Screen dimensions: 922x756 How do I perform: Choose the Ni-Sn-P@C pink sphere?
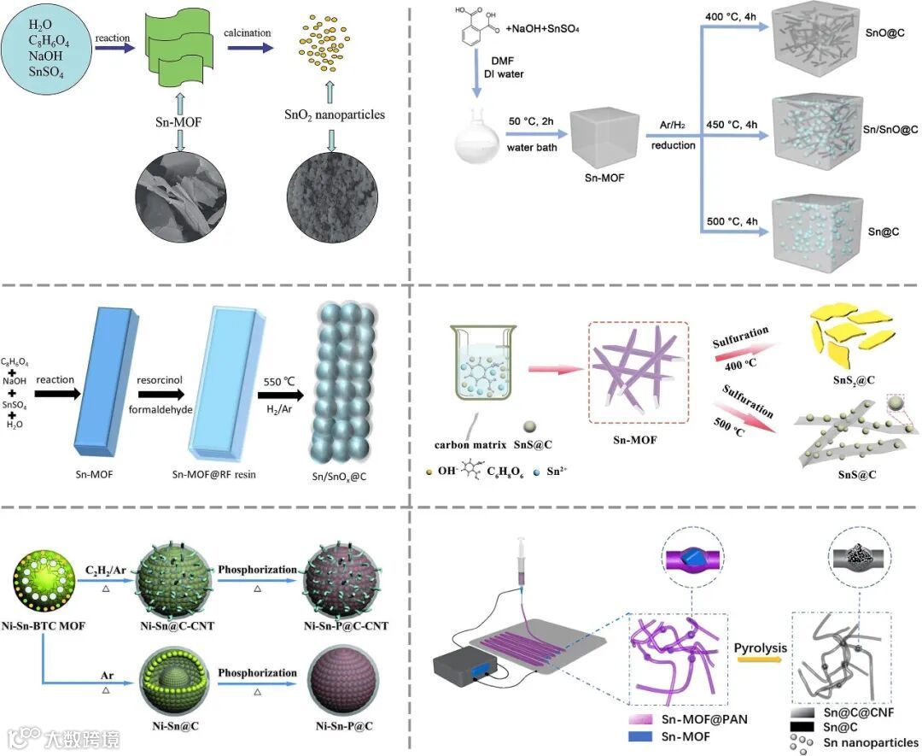pos(343,684)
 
